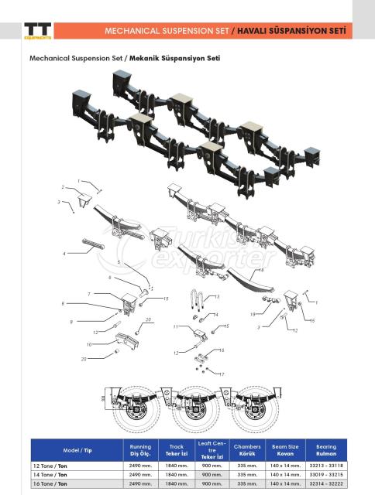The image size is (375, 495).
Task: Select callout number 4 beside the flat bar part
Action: pos(64,254)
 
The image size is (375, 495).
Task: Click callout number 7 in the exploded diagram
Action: pos(89,295)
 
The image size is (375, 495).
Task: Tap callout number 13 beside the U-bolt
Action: pos(217,297)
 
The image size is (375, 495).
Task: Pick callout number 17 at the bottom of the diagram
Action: pos(222,374)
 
